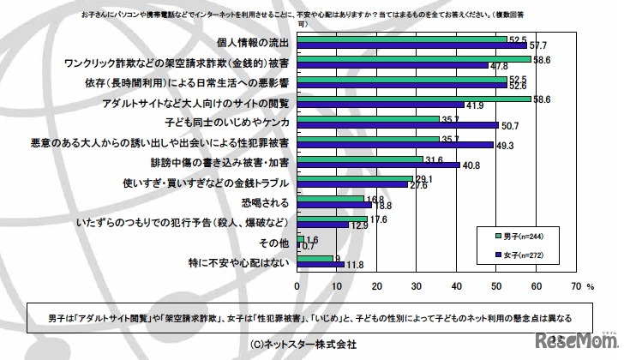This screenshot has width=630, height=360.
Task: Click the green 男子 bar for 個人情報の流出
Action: [403, 39]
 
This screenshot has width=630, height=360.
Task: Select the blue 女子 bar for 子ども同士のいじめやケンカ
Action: [398, 124]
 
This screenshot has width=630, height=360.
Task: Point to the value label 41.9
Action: [476, 105]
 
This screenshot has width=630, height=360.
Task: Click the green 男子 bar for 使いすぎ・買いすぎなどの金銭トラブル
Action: [355, 178]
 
